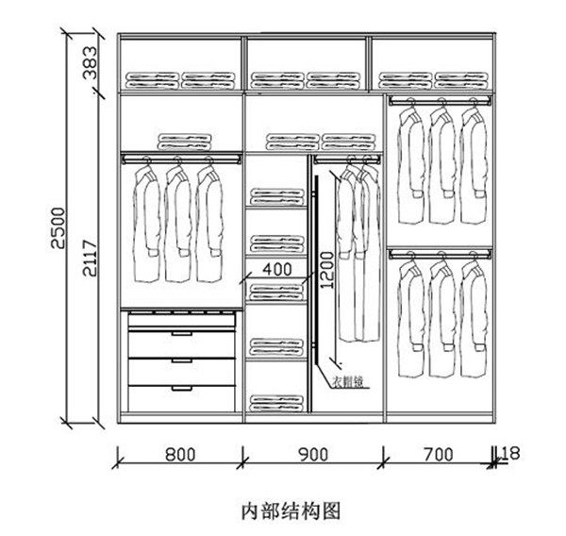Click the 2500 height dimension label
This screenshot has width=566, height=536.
58,227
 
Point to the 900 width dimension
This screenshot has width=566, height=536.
313,455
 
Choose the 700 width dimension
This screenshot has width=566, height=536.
438,455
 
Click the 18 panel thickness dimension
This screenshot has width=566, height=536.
510,453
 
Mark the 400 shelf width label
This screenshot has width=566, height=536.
276,270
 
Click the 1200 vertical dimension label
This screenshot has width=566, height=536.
326,269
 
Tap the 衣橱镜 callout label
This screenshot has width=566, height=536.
348,383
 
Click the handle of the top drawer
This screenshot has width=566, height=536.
181,333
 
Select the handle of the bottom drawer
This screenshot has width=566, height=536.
181,386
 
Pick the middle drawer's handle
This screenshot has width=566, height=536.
181,360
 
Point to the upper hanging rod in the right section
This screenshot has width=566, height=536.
440,98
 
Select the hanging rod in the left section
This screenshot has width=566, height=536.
179,159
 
